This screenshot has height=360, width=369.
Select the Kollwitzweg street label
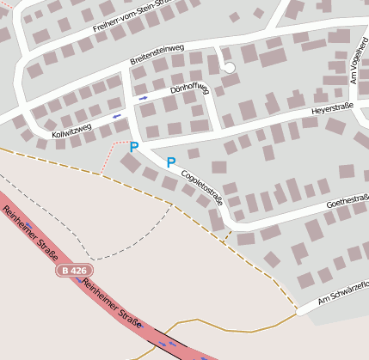(x=71, y=131)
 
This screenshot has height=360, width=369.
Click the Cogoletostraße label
(x=203, y=186)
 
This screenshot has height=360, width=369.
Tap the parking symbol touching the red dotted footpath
(x=133, y=148)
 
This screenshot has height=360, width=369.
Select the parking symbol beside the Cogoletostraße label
(x=170, y=162)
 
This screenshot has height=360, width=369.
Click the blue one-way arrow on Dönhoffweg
(x=143, y=98)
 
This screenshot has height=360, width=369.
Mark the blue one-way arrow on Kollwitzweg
(x=116, y=115)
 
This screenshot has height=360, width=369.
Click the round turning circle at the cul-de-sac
(x=228, y=68)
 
